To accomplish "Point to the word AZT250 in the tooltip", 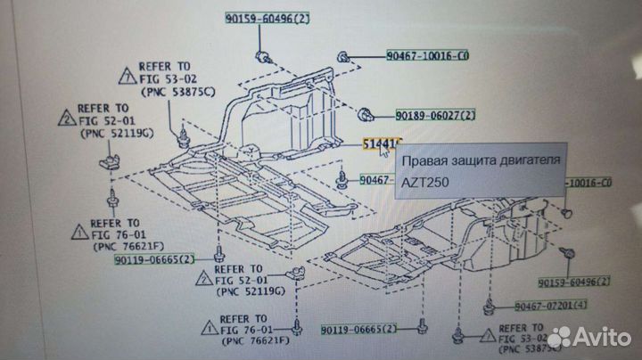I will [426, 183].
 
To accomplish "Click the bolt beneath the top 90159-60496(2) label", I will [262, 59].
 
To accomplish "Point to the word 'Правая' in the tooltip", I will [423, 160].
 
